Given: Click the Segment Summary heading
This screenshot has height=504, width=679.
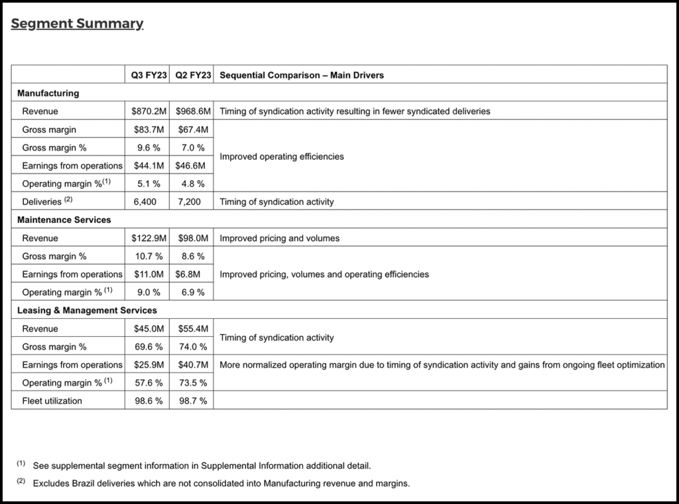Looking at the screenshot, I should [x=77, y=24].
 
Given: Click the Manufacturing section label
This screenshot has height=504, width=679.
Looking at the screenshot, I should [x=48, y=93].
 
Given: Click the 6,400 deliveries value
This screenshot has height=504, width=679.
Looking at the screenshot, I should [x=145, y=202].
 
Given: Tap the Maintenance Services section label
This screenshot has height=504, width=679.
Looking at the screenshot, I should [x=64, y=220].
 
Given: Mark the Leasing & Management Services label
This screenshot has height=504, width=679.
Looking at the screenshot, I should [x=87, y=310].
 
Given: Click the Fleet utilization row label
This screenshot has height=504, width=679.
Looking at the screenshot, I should [x=52, y=401].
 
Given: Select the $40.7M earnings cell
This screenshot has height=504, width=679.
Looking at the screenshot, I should [x=193, y=365].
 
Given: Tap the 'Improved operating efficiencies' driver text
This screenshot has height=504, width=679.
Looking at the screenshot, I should [x=281, y=157].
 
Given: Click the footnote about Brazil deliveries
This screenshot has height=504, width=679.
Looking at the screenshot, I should [x=221, y=483].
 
